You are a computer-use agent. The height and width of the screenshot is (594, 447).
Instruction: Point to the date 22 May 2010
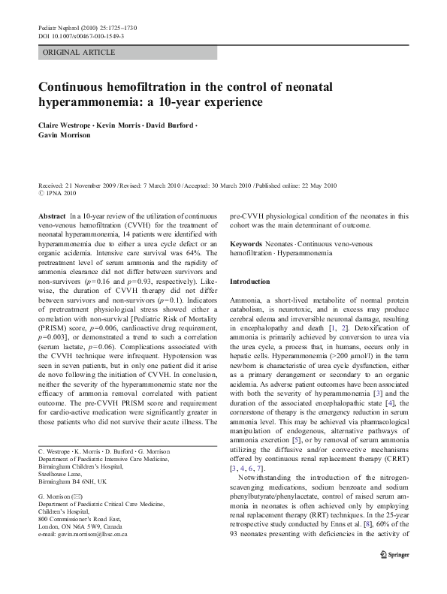click(x=317, y=185)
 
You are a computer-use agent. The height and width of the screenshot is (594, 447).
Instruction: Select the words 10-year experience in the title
click(x=219, y=101)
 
